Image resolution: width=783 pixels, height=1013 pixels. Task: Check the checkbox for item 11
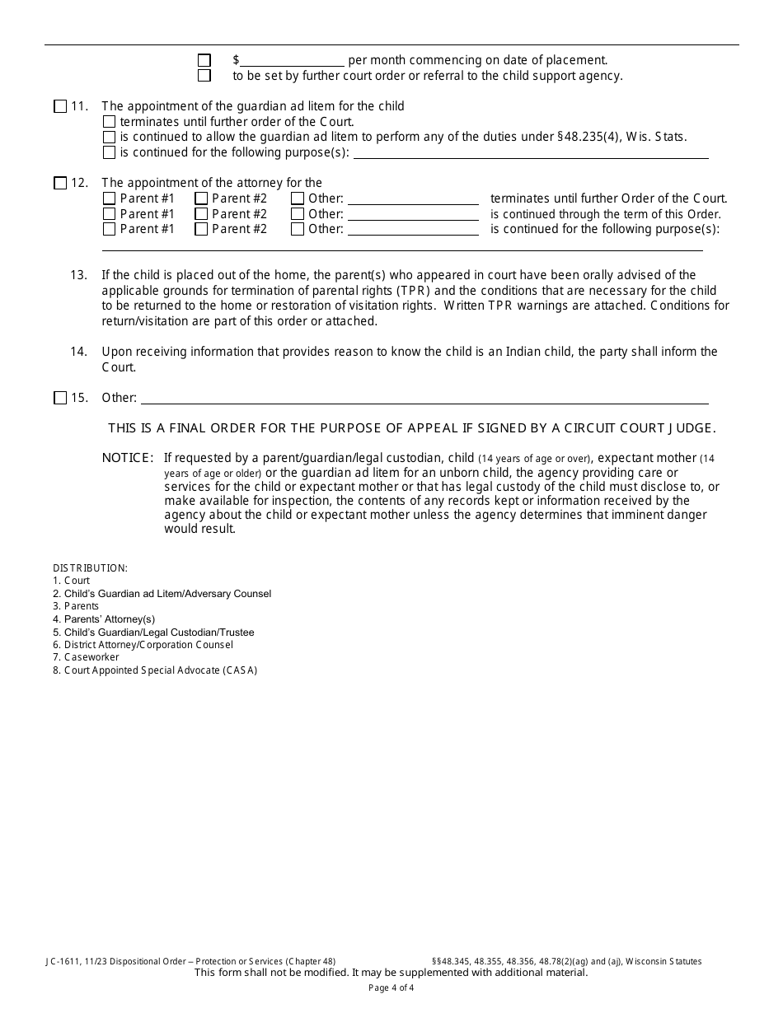(60, 106)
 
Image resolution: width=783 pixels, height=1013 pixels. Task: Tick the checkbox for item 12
(60, 184)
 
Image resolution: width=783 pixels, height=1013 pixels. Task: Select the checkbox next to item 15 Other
(60, 399)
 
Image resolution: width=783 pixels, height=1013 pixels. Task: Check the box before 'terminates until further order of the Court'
(110, 122)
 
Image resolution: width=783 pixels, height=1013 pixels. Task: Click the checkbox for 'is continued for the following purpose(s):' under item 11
(110, 152)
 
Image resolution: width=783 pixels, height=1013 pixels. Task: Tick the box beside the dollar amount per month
(204, 60)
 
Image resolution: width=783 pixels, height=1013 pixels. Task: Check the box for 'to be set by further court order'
(204, 76)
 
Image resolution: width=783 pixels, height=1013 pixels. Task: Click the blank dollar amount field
(292, 60)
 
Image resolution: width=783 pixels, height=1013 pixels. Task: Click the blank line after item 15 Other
(424, 398)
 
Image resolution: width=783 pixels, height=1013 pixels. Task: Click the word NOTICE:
(128, 458)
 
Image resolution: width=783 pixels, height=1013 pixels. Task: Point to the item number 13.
(79, 275)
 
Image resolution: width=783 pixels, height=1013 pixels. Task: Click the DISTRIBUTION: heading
(91, 568)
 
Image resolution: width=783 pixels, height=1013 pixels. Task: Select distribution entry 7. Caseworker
(86, 657)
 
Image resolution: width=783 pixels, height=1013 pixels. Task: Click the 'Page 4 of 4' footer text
(391, 988)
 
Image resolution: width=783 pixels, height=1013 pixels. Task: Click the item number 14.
(79, 352)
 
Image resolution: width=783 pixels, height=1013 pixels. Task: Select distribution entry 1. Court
(72, 581)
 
